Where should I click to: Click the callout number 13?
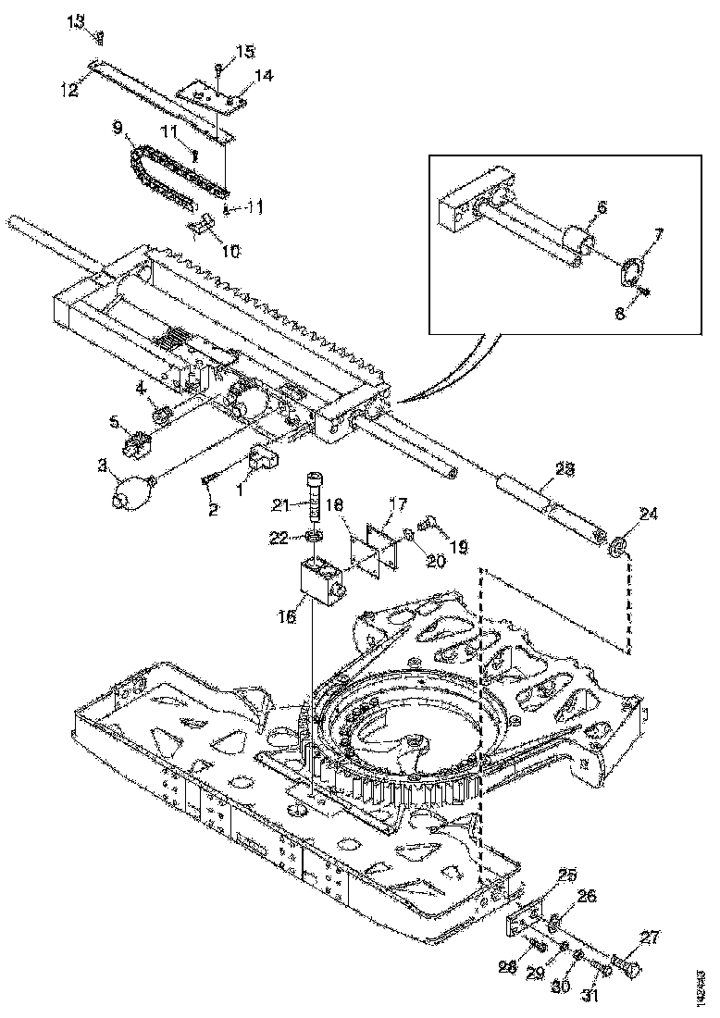coord(79,20)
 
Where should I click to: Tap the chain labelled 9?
coord(167,176)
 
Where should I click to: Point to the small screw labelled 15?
coord(216,67)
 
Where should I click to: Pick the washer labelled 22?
coord(316,538)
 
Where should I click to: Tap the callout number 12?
coord(68,90)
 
